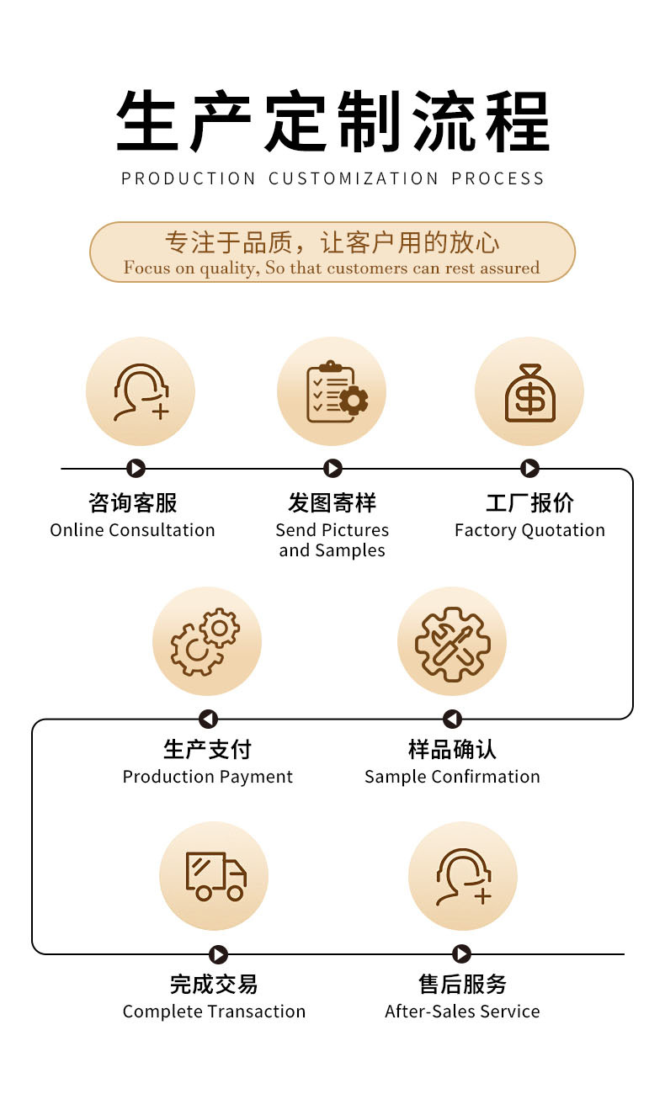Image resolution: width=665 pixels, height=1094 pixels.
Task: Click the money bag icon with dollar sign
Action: coord(529,392)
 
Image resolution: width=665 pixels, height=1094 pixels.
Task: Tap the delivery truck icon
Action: coord(215,876)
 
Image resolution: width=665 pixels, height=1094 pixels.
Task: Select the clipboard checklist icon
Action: coord(332,392)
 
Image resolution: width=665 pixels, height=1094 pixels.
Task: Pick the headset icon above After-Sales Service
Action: coord(462,876)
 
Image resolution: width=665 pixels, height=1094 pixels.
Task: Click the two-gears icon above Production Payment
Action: coord(206,641)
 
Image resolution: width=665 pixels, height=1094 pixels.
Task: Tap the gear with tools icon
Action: coord(452,641)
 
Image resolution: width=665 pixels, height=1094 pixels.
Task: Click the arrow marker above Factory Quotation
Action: coord(529,469)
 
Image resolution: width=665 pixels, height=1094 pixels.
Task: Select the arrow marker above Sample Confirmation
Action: coord(452,720)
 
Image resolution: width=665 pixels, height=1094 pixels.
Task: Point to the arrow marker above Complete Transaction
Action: coord(218,954)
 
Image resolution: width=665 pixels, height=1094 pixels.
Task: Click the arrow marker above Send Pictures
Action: coord(332,469)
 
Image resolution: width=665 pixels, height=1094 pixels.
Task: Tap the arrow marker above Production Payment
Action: coord(208,720)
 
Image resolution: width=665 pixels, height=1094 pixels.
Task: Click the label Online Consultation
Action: coord(132,530)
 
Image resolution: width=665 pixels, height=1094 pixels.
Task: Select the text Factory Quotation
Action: coord(529,530)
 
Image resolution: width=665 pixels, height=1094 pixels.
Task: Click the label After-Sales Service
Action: coord(462,1012)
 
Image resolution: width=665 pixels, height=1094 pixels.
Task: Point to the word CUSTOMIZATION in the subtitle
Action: coord(354,178)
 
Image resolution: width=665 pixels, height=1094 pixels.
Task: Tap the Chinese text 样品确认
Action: coord(452,749)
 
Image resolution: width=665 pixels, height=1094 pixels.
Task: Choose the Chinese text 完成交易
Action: coord(214,984)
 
